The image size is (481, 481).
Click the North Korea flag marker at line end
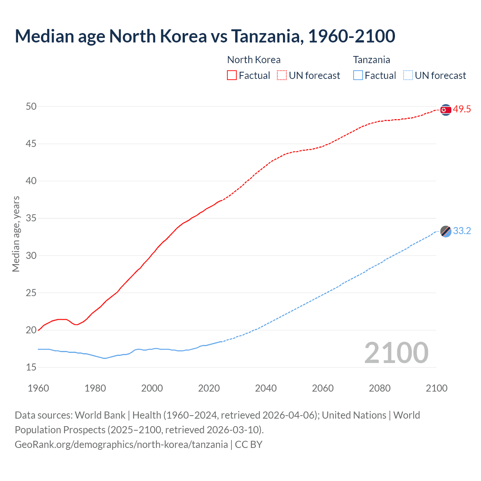tap(446, 110)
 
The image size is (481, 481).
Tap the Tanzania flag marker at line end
tap(446, 231)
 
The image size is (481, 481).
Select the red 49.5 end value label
tap(462, 109)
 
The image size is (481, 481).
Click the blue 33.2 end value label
tap(462, 231)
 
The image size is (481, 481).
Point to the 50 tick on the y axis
tap(31, 107)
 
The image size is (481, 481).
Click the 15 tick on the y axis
tap(31, 368)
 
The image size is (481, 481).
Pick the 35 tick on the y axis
tap(31, 218)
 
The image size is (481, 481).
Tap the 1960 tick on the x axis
tap(38, 388)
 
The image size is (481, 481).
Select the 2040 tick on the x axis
tap(266, 388)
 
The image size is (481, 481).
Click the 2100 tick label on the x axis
tap(437, 388)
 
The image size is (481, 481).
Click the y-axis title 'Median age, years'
tap(16, 234)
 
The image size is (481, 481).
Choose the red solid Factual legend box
tap(232, 76)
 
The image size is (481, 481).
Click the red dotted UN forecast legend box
tap(282, 76)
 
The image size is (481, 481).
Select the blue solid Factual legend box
tap(358, 76)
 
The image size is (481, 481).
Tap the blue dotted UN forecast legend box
tap(408, 76)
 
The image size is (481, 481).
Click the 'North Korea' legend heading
tap(254, 60)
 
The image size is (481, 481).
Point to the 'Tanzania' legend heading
tap(371, 60)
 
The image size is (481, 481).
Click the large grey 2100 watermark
tap(396, 353)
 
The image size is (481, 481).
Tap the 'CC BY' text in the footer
tap(248, 445)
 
